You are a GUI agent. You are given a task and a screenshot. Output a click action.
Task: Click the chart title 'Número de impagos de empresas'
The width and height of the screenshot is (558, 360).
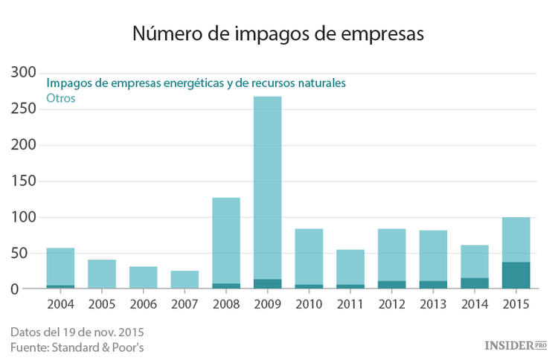278,33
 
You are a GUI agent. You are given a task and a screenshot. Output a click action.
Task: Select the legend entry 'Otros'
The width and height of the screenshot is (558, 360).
61,98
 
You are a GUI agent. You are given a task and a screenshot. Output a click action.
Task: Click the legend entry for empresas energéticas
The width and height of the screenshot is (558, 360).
196,83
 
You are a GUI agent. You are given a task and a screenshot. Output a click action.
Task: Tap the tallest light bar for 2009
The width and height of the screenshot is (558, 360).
267,186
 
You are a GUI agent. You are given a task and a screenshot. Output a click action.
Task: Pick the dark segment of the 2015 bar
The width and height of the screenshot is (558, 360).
516,275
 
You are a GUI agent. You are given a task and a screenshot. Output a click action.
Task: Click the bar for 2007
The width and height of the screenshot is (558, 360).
185,280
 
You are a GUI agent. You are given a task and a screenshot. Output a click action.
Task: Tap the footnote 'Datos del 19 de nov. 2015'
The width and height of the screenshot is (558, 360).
77,331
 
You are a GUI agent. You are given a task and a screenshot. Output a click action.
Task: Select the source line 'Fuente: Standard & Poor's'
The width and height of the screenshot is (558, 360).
78,347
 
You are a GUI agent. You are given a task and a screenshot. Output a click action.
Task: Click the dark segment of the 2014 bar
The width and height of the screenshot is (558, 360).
474,283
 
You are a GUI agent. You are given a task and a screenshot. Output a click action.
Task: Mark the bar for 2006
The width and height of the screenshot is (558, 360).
143,277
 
